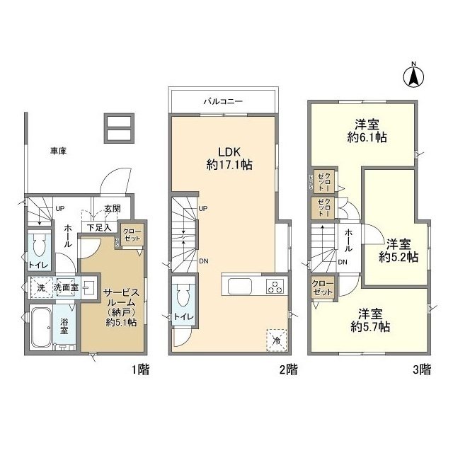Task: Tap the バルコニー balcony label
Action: [x=223, y=101]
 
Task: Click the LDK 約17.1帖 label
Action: [x=224, y=157]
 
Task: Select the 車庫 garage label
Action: [x=59, y=151]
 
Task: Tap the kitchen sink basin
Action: [x=238, y=287]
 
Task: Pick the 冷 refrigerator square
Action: [x=276, y=340]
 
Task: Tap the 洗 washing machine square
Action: [x=40, y=288]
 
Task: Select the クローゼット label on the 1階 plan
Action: [x=132, y=235]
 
